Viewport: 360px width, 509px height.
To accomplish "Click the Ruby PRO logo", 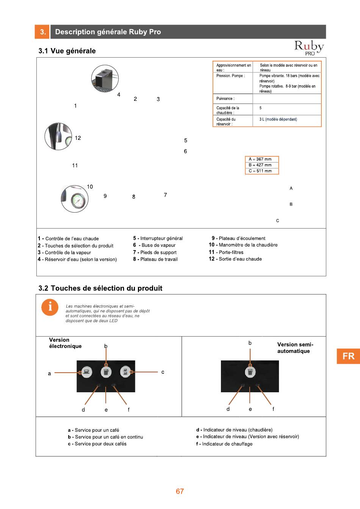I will tap(309, 48).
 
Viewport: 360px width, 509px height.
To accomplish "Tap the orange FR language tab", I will tap(348, 356).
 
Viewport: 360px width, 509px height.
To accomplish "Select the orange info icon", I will tap(50, 307).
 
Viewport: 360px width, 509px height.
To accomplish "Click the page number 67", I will tap(180, 491).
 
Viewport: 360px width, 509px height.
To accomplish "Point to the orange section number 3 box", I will tap(42, 32).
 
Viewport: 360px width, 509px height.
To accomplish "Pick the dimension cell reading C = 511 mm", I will tap(261, 171).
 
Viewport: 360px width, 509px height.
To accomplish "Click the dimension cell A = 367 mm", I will tap(261, 159).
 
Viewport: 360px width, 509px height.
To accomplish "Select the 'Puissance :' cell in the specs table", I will tap(233, 99).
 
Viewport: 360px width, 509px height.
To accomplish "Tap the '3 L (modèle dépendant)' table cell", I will tap(286, 119).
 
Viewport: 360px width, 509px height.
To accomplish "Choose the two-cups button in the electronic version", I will tap(125, 372).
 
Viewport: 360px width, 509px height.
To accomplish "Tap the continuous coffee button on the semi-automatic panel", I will tap(250, 372).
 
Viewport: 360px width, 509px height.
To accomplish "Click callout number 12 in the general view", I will tap(78, 138).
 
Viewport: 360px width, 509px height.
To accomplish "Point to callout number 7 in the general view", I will tap(165, 195).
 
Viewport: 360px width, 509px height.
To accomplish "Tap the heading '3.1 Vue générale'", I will tap(67, 51).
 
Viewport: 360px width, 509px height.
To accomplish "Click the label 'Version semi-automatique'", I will tap(295, 348).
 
